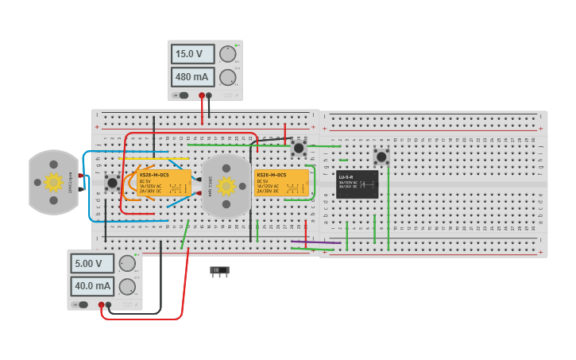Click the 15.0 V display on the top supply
pos(192,54)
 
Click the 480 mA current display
pos(192,77)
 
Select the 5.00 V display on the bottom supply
pos(92,263)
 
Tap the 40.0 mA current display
pos(92,286)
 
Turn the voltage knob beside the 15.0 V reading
pos(227,54)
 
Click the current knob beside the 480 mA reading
pos(227,77)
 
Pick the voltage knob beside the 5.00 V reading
pos(127,263)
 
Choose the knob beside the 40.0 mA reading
pos(127,286)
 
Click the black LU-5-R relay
pos(357,184)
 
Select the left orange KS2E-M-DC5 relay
pos(164,182)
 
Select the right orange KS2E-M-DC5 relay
pos(281,182)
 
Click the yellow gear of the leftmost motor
pos(53,182)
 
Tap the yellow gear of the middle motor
pos(226,186)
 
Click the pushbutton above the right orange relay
pos(299,147)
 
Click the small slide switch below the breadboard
pos(219,271)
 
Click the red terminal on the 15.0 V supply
pos(202,95)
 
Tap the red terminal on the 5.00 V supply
pos(102,304)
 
